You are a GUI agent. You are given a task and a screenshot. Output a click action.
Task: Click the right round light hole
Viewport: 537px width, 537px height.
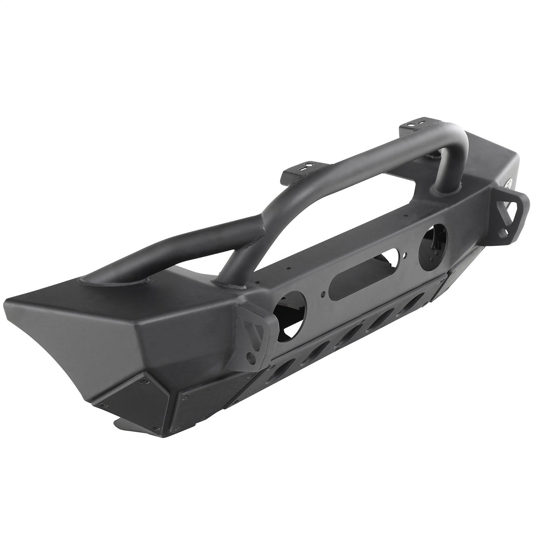pos(432,240)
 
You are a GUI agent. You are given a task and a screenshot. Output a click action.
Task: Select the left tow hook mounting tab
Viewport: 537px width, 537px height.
pos(254,332)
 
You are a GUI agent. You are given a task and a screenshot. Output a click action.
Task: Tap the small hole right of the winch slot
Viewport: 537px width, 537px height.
pos(403,254)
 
